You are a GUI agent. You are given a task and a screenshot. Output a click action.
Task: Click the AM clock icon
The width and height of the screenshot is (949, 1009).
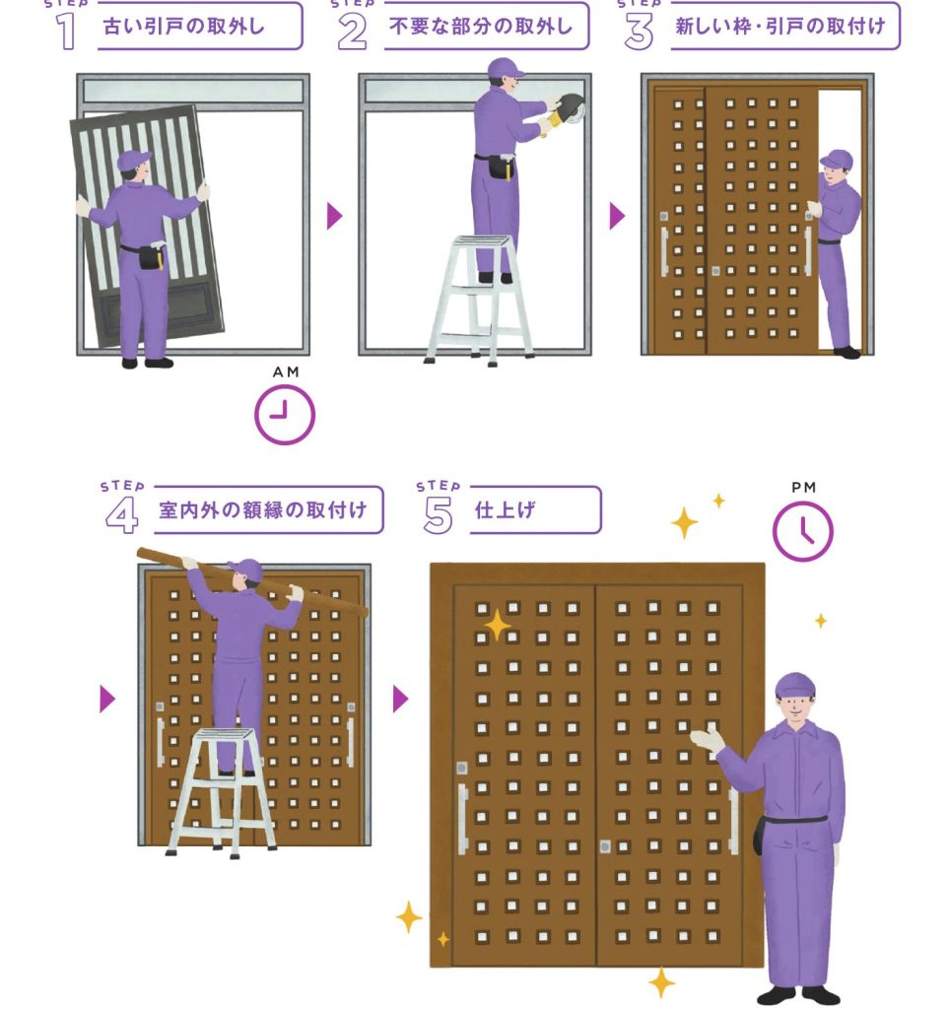285,415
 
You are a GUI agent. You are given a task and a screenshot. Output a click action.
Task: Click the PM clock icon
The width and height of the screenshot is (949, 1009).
802,531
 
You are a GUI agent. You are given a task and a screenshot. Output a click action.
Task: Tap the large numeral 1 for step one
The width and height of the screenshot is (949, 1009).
66,31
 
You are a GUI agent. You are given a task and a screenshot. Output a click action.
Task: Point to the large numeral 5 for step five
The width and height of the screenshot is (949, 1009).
439,516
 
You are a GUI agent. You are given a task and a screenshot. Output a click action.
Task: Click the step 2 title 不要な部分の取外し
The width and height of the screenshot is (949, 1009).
481,27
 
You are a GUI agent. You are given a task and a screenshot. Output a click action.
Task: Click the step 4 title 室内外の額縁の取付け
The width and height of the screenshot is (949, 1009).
262,510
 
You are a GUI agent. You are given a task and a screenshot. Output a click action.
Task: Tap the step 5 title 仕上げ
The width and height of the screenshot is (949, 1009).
506,510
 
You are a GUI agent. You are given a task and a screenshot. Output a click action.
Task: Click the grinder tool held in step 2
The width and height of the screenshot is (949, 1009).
565,110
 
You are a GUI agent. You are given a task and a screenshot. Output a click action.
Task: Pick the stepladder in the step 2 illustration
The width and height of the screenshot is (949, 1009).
479,301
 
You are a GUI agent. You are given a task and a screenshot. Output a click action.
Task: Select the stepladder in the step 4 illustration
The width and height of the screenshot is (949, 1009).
221,792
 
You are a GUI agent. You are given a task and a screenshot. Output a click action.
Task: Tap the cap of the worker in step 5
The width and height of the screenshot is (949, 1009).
795,686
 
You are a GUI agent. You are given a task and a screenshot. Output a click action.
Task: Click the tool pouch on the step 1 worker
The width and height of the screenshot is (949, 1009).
152,256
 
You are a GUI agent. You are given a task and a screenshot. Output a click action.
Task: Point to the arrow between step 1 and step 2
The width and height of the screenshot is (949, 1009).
334,216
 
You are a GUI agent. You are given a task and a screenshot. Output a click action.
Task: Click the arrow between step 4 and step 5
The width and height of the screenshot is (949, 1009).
400,699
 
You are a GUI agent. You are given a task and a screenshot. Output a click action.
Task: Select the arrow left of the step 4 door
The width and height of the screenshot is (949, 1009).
107,699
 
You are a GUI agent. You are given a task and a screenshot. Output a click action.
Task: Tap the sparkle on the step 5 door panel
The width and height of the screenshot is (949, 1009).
497,626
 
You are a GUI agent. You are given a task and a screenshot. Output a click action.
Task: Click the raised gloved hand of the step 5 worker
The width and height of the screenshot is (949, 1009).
707,737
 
